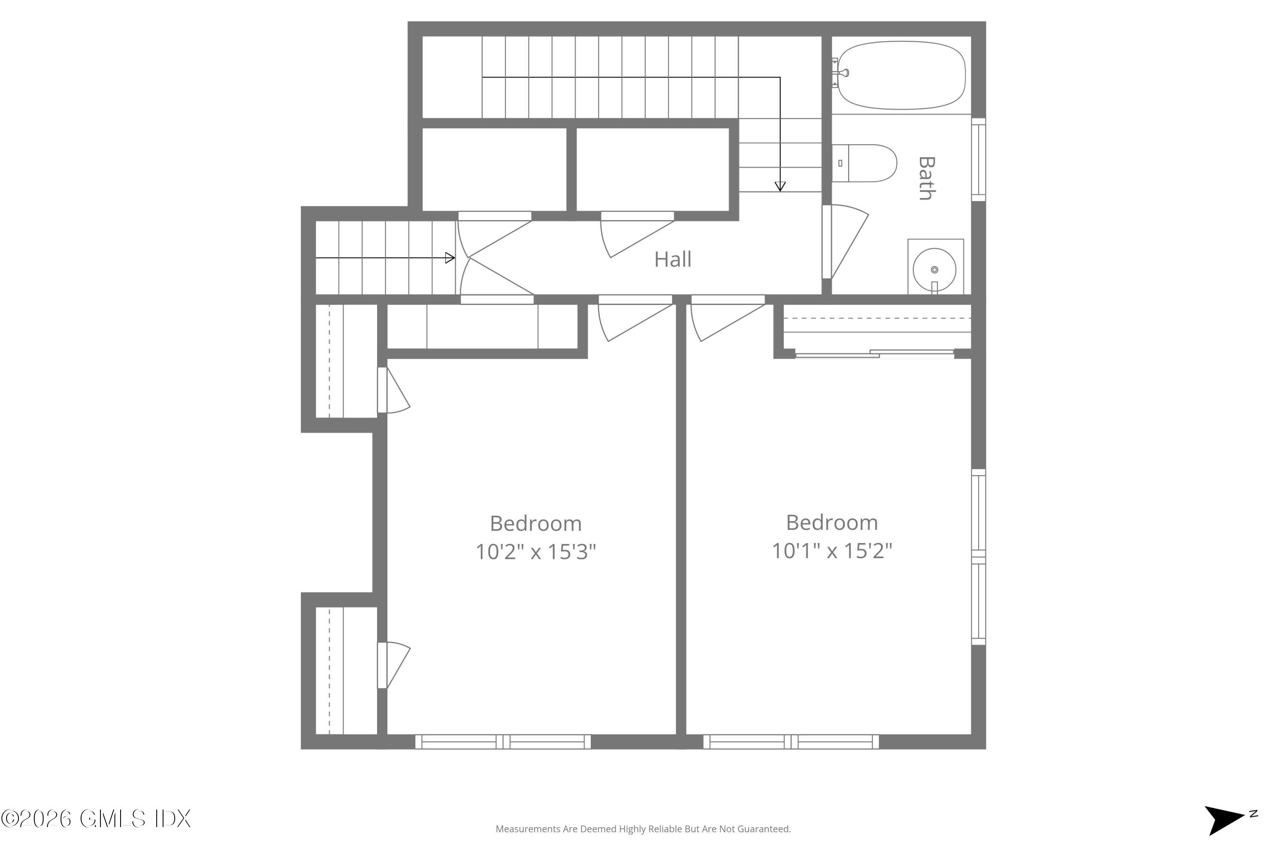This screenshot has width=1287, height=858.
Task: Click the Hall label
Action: point(673,260)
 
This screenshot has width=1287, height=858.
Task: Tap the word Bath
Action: point(926,178)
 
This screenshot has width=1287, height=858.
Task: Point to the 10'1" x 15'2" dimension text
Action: point(832,550)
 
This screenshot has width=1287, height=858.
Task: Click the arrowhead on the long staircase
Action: point(780,186)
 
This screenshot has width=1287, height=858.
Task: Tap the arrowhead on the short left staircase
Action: point(450,258)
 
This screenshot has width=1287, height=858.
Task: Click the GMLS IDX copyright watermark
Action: point(96,819)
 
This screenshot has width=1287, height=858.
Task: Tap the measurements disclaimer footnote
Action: point(643,829)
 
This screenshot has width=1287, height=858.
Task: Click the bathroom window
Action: point(979,160)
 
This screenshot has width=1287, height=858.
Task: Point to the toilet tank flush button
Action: point(840,163)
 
